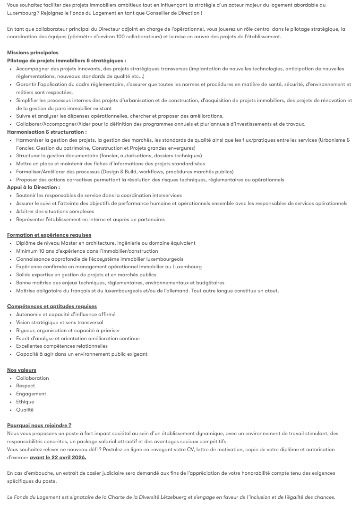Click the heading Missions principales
tap(33, 52)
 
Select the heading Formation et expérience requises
tap(49, 235)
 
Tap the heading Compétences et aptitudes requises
tap(52, 306)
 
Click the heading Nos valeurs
tap(22, 370)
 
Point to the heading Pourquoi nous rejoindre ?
tap(39, 425)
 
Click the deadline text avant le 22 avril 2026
tap(58, 457)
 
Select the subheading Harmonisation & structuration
tap(46, 132)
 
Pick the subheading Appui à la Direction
tap(33, 188)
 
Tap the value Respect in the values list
tap(26, 385)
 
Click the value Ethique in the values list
tap(25, 402)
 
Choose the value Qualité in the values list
tap(25, 410)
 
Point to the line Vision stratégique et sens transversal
tap(60, 322)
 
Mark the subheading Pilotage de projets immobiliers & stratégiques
tap(66, 60)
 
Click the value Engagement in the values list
tap(31, 394)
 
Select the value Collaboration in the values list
tap(33, 378)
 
